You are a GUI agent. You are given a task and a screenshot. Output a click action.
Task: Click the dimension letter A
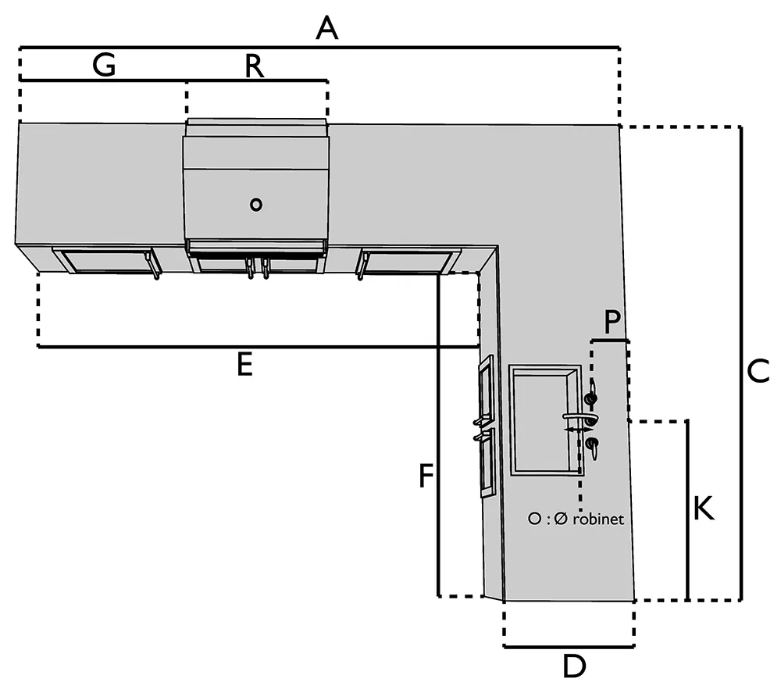pyautogui.click(x=328, y=29)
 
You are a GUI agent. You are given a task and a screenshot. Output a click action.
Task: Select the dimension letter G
pyautogui.click(x=104, y=66)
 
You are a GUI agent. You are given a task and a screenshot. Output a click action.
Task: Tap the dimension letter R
pyautogui.click(x=254, y=66)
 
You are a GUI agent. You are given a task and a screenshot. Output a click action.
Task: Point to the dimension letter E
pyautogui.click(x=245, y=365)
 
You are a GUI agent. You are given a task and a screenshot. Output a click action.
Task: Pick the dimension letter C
pyautogui.click(x=758, y=372)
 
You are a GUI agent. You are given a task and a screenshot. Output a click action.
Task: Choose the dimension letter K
pyautogui.click(x=703, y=509)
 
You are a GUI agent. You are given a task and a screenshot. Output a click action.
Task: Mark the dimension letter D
pyautogui.click(x=574, y=666)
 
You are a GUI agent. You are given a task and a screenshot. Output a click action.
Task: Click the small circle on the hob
pyautogui.click(x=255, y=205)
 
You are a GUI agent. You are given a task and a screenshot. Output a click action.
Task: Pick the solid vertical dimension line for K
pyautogui.click(x=687, y=509)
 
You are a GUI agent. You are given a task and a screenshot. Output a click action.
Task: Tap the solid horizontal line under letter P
pyautogui.click(x=610, y=341)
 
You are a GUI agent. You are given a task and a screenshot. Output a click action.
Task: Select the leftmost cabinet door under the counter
pyautogui.click(x=105, y=261)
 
